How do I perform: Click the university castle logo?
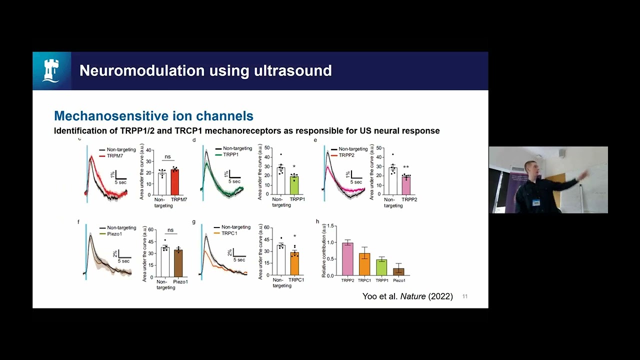pyautogui.click(x=52, y=70)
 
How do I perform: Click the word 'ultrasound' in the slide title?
pyautogui.click(x=290, y=70)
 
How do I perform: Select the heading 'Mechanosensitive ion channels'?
pyautogui.click(x=153, y=116)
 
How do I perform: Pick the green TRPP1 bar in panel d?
pyautogui.click(x=294, y=185)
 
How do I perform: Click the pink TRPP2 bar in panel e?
pyautogui.click(x=406, y=185)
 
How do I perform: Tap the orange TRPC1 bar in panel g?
pyautogui.click(x=294, y=264)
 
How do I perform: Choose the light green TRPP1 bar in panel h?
pyautogui.click(x=381, y=267)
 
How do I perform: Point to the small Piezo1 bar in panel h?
pyautogui.click(x=398, y=272)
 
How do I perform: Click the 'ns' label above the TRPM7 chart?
pyautogui.click(x=168, y=157)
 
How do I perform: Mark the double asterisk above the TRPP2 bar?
pyautogui.click(x=406, y=167)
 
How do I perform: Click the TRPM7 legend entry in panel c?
pyautogui.click(x=115, y=156)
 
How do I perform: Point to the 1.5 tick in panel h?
pyautogui.click(x=330, y=227)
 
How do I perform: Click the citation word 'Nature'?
pyautogui.click(x=413, y=296)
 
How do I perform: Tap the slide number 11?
pyautogui.click(x=465, y=296)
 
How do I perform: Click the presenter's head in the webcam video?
pyautogui.click(x=530, y=167)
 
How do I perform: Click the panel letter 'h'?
pyautogui.click(x=317, y=221)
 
